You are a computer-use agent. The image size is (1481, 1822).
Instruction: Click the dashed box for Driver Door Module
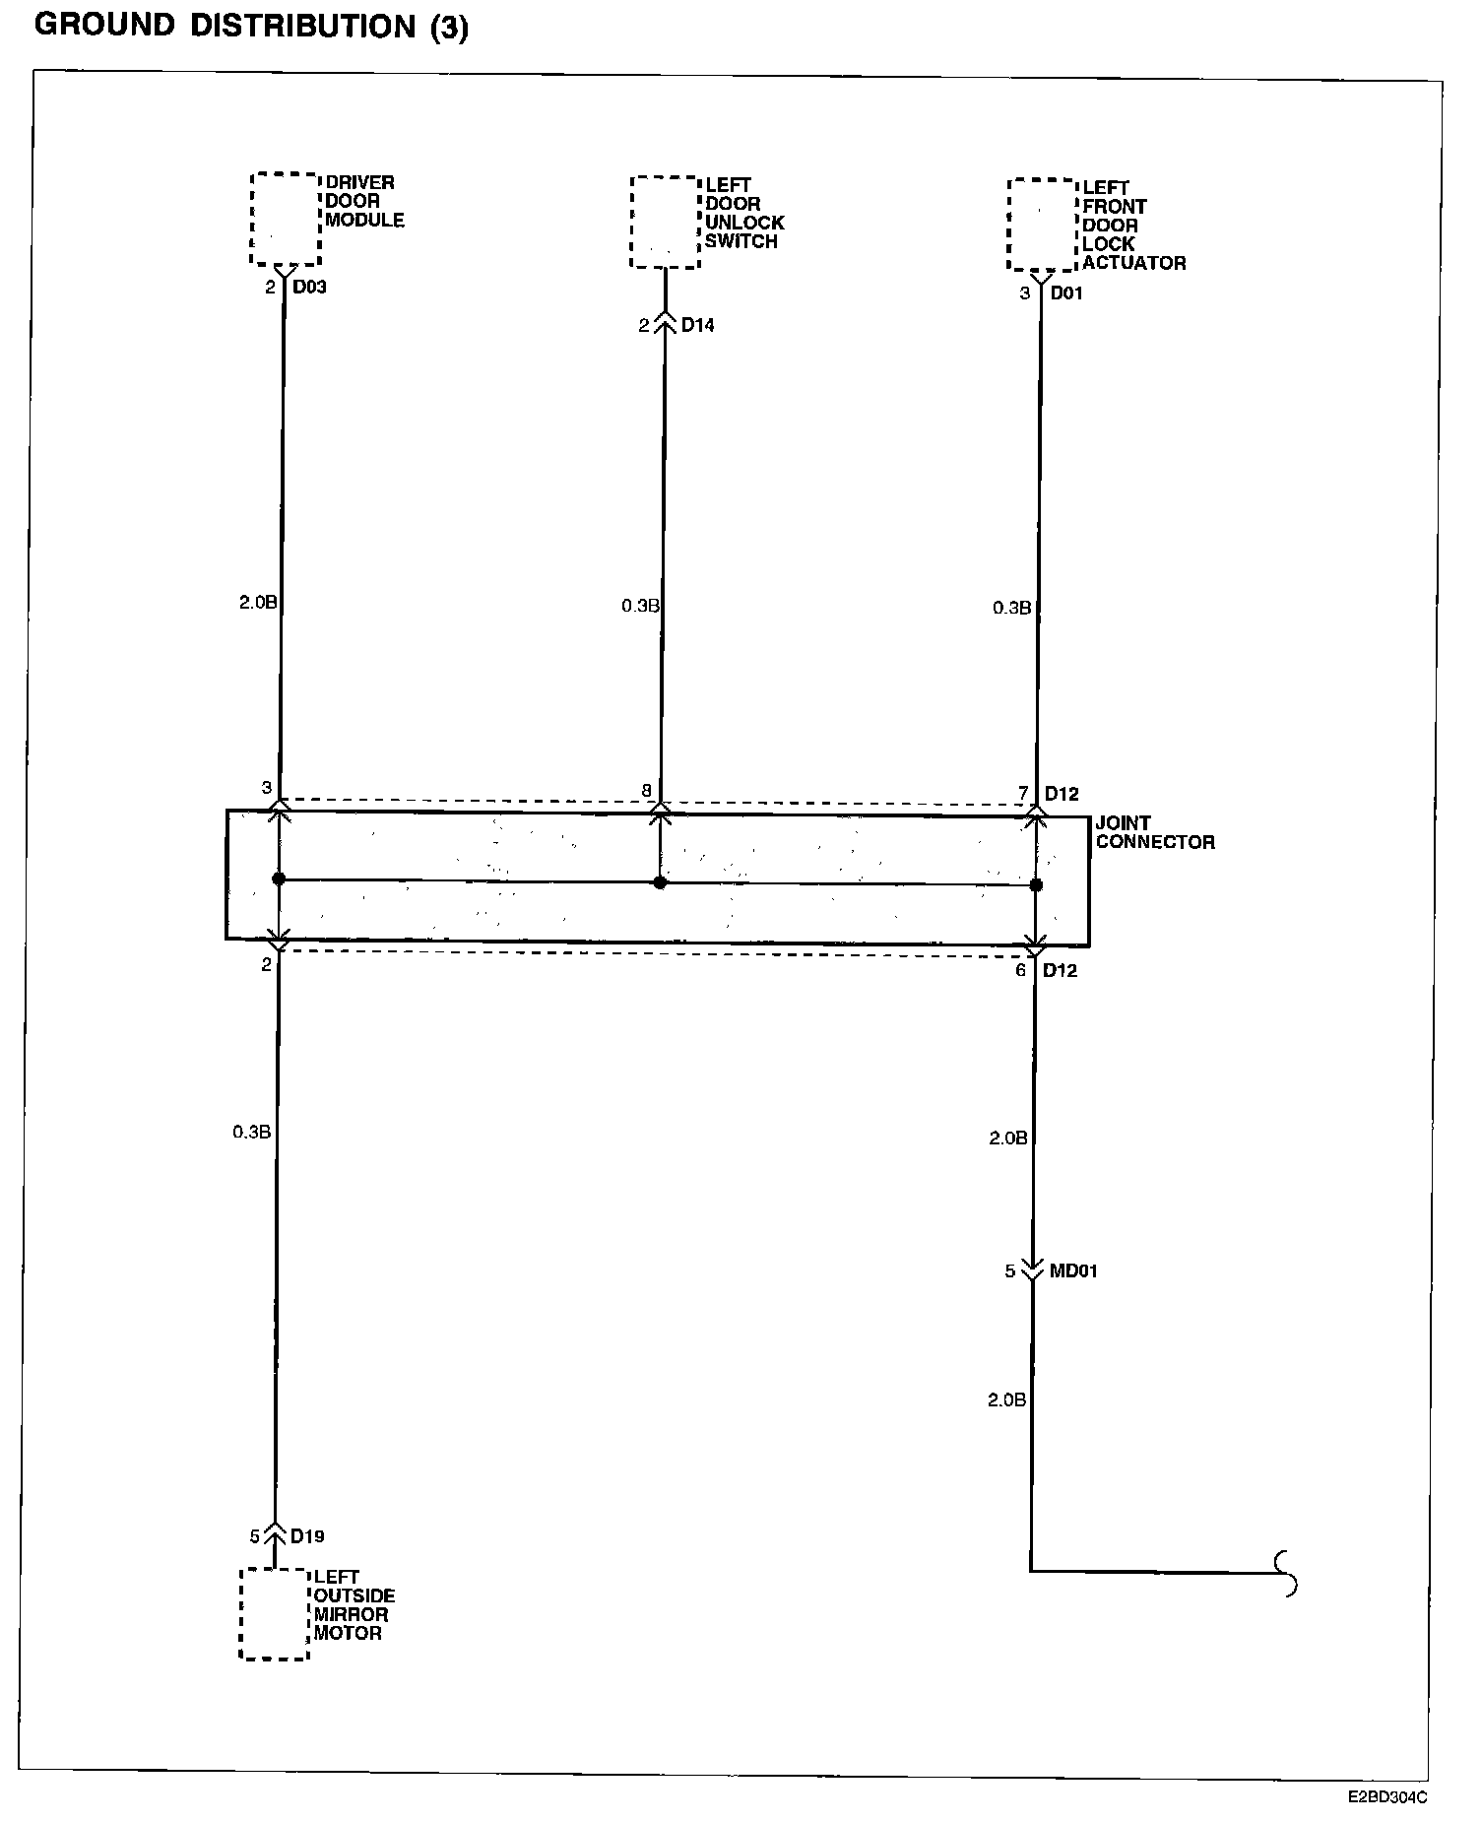pos(286,219)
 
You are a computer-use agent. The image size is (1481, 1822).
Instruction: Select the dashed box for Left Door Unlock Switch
pos(665,222)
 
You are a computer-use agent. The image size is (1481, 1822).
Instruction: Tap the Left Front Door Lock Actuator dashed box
pos(1043,225)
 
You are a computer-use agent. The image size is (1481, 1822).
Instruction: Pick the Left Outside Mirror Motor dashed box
pos(275,1613)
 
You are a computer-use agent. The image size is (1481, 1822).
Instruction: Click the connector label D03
pos(309,288)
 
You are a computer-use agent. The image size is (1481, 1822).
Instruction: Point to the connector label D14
pos(697,325)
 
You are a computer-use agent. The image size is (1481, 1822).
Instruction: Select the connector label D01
pos(1066,293)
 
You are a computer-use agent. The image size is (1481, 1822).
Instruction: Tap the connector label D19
pos(307,1535)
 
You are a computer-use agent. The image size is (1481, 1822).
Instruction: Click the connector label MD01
pos(1072,1270)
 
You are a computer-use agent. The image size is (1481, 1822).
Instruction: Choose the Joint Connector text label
pos(1154,832)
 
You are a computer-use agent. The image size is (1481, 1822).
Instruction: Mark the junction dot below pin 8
pos(660,882)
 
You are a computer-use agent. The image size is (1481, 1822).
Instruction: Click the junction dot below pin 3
pos(279,878)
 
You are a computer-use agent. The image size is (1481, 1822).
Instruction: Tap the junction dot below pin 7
pos(1036,885)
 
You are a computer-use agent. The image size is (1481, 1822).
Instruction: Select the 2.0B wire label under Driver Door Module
pos(258,602)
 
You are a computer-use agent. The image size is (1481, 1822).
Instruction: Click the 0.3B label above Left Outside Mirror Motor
pos(251,1132)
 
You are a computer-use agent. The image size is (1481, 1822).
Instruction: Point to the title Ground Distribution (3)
pos(251,26)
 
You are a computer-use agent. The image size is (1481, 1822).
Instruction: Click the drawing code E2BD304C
pos(1387,1795)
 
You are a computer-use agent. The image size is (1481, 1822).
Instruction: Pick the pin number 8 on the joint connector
pos(646,791)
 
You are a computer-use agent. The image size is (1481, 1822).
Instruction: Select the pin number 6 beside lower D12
pos(1021,970)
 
